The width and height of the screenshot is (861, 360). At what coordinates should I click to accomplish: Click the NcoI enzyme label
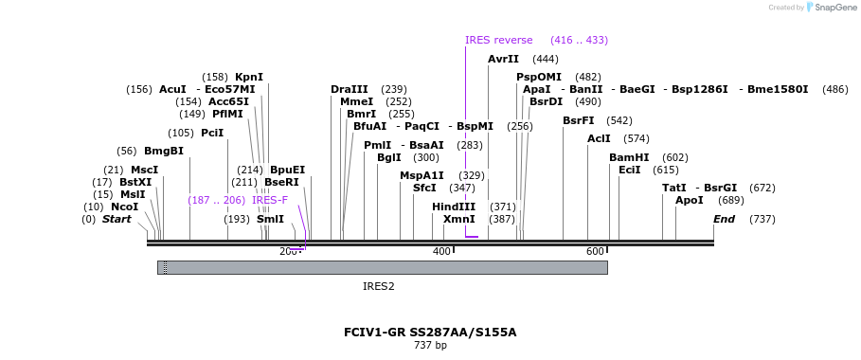(124, 207)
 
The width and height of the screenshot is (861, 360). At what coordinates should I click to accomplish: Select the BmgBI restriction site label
(164, 151)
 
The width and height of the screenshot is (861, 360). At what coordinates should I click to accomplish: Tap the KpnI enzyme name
(249, 77)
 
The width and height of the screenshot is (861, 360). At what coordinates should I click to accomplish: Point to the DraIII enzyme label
(350, 89)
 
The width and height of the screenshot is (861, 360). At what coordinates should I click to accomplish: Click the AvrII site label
(503, 59)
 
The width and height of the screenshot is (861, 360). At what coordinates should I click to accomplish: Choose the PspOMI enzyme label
(539, 77)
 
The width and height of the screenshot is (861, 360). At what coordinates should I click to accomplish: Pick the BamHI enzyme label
(629, 157)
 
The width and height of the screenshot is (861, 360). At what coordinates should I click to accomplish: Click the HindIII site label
(454, 207)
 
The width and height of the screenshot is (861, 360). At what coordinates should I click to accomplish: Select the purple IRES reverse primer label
(499, 40)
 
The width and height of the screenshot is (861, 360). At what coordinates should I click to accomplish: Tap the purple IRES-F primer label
(270, 200)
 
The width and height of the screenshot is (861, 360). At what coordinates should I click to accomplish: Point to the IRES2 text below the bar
(379, 285)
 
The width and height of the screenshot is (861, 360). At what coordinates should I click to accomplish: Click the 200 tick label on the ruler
(288, 251)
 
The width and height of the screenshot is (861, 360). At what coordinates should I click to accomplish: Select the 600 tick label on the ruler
(595, 251)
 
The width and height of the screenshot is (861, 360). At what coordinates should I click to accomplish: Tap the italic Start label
(117, 219)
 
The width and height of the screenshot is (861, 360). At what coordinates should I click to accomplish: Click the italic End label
(724, 219)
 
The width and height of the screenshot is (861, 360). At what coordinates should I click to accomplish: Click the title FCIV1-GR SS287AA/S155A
(430, 333)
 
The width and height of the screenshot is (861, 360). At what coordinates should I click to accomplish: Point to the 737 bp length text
(430, 346)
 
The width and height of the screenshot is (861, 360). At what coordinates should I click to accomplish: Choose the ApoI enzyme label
(690, 200)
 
